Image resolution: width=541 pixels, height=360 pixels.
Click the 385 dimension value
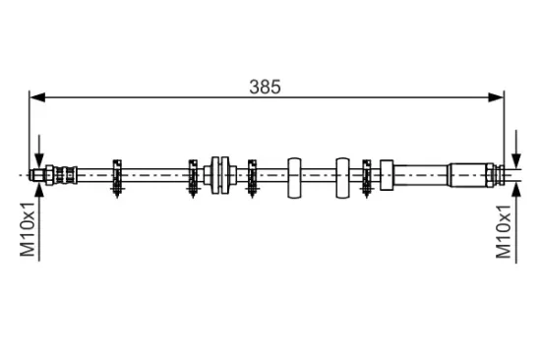coord(265,87)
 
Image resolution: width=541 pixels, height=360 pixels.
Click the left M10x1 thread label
coord(28,230)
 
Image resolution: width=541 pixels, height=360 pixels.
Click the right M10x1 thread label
coord(503,231)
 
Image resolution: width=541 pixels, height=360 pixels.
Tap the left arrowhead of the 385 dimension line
coord(37,97)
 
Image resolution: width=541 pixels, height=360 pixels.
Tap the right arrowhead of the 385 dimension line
coord(496,97)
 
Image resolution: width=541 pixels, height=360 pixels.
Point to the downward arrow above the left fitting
coord(39,151)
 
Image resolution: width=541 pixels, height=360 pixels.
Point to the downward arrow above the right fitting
coord(516,150)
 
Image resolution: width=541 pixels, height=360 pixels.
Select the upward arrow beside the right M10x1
coord(516,223)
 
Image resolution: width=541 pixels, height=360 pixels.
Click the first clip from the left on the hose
coord(117,178)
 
